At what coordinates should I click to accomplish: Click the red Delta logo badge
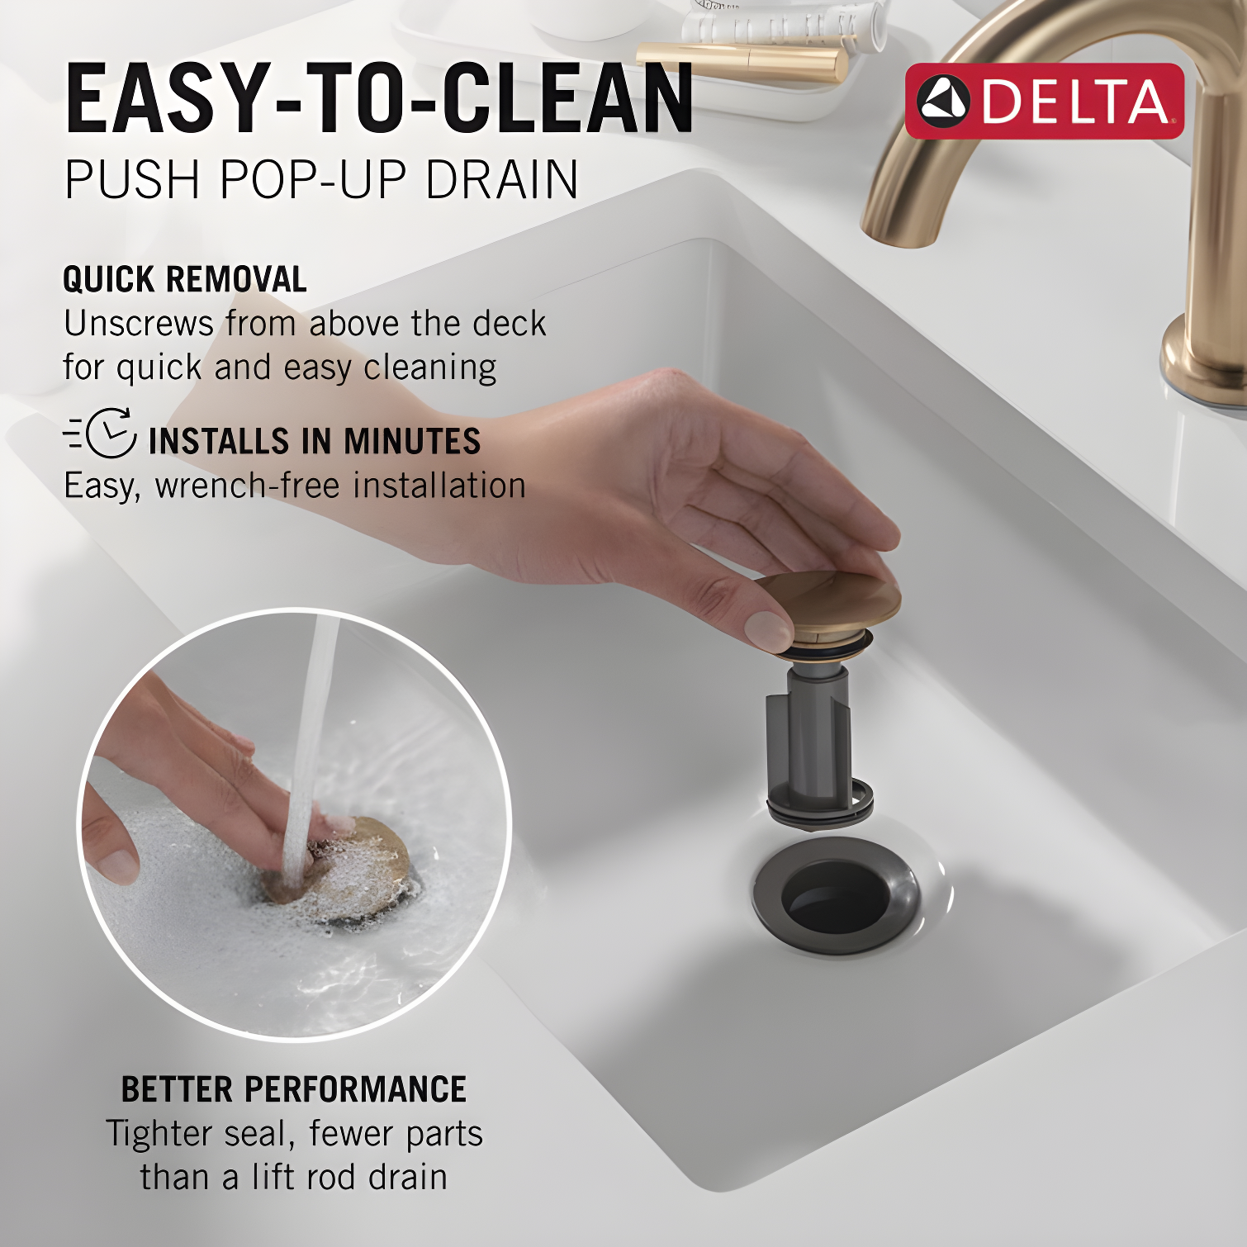[x=1044, y=101]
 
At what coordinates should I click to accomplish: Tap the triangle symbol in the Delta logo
[x=944, y=102]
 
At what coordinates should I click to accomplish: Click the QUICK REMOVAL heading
[x=185, y=280]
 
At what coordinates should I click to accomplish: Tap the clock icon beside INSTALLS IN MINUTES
[x=110, y=433]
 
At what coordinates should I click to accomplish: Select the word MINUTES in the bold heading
[x=412, y=441]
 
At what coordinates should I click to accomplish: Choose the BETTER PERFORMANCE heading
[x=293, y=1089]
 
